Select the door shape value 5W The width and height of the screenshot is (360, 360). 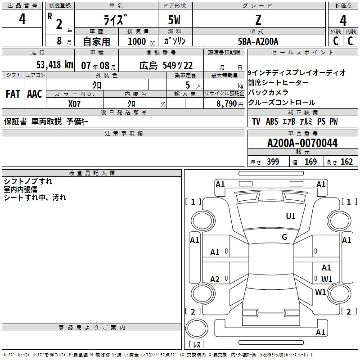pos(175,20)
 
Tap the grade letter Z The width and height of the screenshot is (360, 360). pos(258,20)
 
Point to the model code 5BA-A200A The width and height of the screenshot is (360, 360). pos(258,41)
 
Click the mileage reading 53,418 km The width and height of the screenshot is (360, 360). pos(54,65)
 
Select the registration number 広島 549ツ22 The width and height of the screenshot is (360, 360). pos(166,65)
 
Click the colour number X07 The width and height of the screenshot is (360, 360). pos(75,103)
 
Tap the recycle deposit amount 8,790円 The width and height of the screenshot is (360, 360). pos(230,103)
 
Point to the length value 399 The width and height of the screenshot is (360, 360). pos(273,162)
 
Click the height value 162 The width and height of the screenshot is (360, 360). pos(346,162)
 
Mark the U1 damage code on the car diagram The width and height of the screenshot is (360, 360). pos(291,216)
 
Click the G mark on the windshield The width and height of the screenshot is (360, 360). pos(284,237)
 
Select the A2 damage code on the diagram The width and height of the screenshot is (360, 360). pos(215,279)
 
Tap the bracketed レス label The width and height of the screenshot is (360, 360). pos(197,345)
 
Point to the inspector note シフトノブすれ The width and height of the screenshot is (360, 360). pos(28,181)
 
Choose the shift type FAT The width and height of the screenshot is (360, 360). pos(13,94)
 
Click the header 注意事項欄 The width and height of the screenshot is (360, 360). pos(123,134)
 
